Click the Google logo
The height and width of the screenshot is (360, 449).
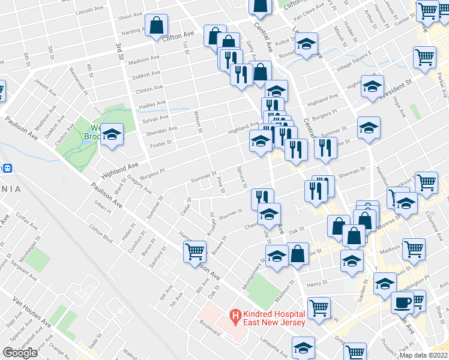[20, 353]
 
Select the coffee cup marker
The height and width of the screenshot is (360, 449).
[402, 302]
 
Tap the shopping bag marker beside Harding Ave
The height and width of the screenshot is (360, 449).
[156, 26]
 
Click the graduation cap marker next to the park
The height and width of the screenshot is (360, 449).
[112, 134]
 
